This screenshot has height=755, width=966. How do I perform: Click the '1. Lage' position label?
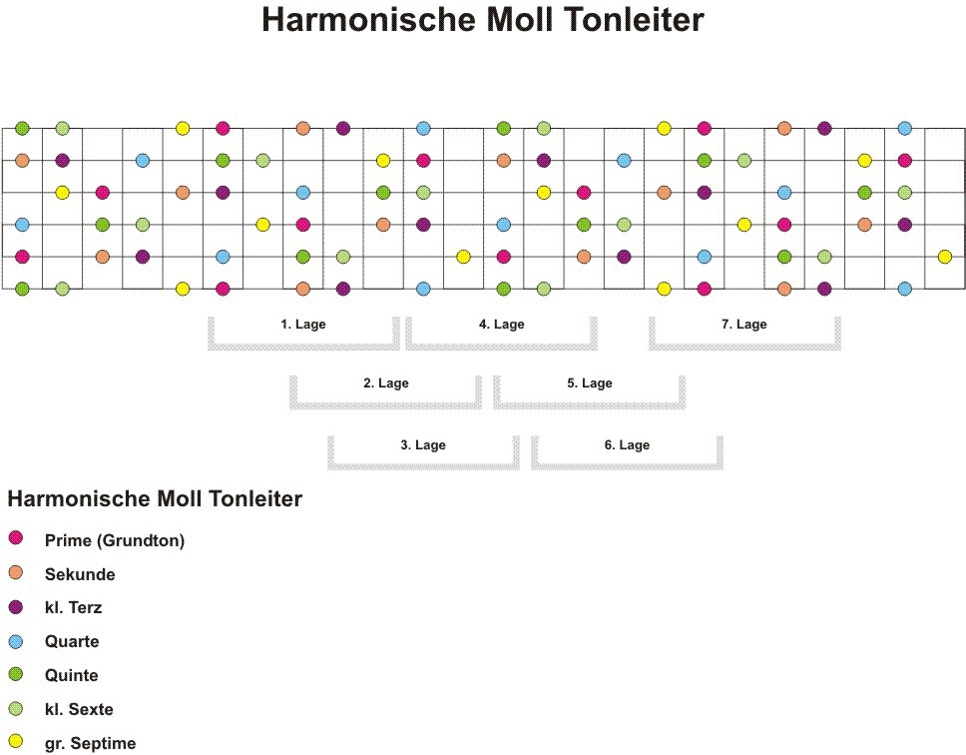pyautogui.click(x=303, y=325)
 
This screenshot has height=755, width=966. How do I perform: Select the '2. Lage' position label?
pyautogui.click(x=385, y=382)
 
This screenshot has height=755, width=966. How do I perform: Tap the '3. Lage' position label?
pyautogui.click(x=423, y=445)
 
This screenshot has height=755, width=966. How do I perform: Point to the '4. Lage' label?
pyautogui.click(x=502, y=325)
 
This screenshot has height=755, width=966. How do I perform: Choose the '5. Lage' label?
pyautogui.click(x=590, y=382)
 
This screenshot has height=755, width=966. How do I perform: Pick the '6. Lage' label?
pyautogui.click(x=627, y=445)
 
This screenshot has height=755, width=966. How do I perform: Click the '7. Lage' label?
pyautogui.click(x=744, y=325)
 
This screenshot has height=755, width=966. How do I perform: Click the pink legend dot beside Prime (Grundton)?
pyautogui.click(x=16, y=538)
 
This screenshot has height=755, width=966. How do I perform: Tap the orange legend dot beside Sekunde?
pyautogui.click(x=16, y=572)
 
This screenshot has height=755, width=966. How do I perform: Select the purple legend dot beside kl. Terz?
pyautogui.click(x=16, y=607)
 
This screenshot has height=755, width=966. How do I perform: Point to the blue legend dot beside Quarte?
pyautogui.click(x=16, y=641)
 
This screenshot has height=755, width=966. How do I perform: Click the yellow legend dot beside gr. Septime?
pyautogui.click(x=16, y=741)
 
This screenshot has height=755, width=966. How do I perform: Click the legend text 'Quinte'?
pyautogui.click(x=72, y=675)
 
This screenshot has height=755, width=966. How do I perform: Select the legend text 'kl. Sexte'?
pyautogui.click(x=79, y=709)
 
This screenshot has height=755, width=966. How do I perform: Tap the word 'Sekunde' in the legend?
pyautogui.click(x=80, y=574)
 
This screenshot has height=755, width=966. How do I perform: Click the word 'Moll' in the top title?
pyautogui.click(x=519, y=19)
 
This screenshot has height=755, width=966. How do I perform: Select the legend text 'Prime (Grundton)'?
pyautogui.click(x=115, y=540)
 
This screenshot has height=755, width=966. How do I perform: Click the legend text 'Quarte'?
pyautogui.click(x=72, y=641)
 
